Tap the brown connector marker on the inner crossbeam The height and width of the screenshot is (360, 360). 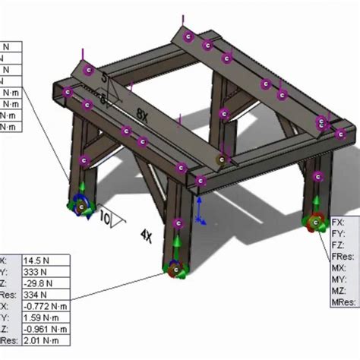pos(221,160)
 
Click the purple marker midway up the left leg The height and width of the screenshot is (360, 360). pos(84,160)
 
